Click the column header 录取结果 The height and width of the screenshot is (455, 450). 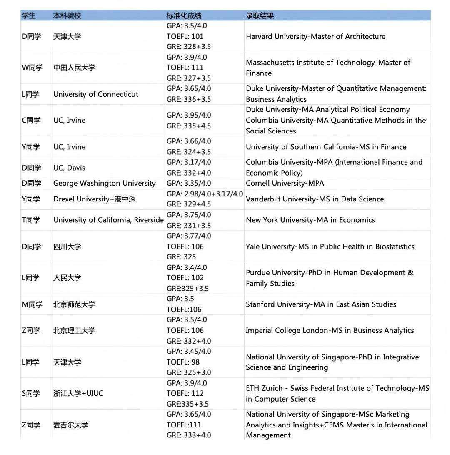[x=260, y=16]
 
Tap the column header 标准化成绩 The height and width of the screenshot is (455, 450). [x=184, y=16]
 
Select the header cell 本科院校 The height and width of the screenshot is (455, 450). [x=67, y=16]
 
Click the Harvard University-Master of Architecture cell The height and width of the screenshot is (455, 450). [x=315, y=37]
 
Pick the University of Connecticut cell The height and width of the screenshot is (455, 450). [x=96, y=94]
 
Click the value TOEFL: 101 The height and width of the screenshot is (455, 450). [x=185, y=36]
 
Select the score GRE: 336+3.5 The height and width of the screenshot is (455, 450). [x=189, y=99]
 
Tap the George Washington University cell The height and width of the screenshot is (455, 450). [x=104, y=183]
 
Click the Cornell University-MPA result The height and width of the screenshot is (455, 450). [x=285, y=183]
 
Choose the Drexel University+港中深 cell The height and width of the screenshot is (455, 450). [x=95, y=199]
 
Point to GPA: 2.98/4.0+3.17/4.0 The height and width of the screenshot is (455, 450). [x=205, y=194]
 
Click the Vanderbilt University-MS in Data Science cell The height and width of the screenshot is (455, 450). [x=315, y=199]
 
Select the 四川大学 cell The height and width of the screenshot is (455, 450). [x=67, y=246]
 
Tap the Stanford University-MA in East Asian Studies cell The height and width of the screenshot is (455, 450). [x=321, y=304]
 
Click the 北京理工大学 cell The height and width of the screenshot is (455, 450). [x=74, y=330]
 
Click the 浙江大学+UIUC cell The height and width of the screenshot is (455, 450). [x=78, y=393]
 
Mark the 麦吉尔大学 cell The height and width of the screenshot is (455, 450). [x=70, y=425]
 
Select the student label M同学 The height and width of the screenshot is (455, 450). [x=32, y=304]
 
